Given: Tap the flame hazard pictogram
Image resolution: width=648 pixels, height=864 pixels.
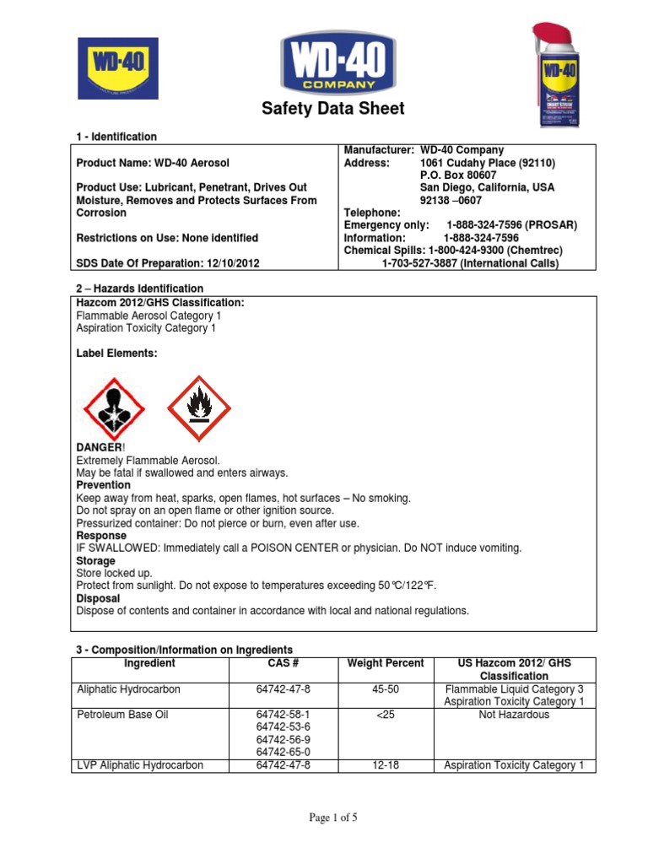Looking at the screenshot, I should click(200, 408).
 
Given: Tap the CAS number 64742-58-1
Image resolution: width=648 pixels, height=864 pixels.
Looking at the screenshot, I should click(283, 715).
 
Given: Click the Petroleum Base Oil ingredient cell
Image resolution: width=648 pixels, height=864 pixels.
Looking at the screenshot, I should click(123, 715).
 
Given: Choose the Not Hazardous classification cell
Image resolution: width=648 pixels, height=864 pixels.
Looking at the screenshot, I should click(514, 715).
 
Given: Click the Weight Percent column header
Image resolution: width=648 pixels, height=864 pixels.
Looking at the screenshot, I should click(386, 664).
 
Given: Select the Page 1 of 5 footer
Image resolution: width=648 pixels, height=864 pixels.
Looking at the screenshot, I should click(323, 818).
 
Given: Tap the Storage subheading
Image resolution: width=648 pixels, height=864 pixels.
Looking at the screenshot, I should click(96, 561).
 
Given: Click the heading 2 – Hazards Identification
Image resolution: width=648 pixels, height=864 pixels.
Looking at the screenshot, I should click(139, 289).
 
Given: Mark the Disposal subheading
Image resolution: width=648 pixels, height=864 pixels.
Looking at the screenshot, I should click(99, 598).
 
